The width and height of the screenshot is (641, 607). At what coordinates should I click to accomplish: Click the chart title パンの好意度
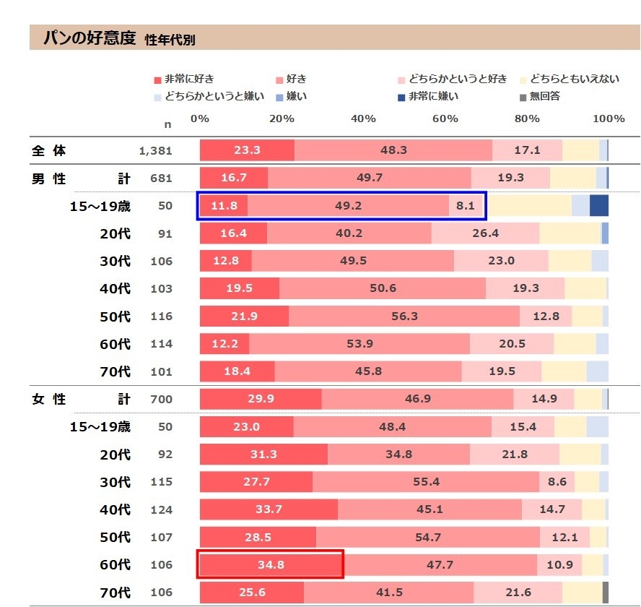pyautogui.click(x=89, y=38)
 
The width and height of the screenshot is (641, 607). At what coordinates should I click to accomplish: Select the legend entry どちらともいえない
pyautogui.click(x=574, y=79)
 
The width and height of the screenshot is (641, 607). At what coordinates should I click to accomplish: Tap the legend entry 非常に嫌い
pyautogui.click(x=433, y=95)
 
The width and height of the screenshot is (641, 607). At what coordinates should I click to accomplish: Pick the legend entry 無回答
pyautogui.click(x=544, y=95)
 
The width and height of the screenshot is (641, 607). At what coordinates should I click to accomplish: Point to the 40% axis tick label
pyautogui.click(x=363, y=119)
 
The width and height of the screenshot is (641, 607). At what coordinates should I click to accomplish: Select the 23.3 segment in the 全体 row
pyautogui.click(x=247, y=150)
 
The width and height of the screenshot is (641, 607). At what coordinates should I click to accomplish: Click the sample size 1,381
pyautogui.click(x=156, y=151)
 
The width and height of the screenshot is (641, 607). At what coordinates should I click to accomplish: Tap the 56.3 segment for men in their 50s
pyautogui.click(x=404, y=316)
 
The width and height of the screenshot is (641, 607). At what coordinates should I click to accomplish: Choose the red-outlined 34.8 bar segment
pyautogui.click(x=269, y=564)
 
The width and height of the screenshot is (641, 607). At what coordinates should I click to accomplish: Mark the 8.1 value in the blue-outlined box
pyautogui.click(x=466, y=205)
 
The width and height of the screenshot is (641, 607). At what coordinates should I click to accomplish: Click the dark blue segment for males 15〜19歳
pyautogui.click(x=598, y=205)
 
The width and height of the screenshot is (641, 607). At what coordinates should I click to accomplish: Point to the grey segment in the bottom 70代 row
pyautogui.click(x=606, y=591)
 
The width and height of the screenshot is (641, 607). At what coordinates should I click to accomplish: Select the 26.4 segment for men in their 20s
pyautogui.click(x=485, y=233)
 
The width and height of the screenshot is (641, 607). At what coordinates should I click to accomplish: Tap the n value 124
pyautogui.click(x=162, y=509)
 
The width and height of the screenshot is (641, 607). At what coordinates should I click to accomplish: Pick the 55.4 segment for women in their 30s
pyautogui.click(x=425, y=481)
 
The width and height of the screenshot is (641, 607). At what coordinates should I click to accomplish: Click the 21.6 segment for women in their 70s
pyautogui.click(x=518, y=592)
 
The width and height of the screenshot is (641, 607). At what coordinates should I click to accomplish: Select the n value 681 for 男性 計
pyautogui.click(x=162, y=178)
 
